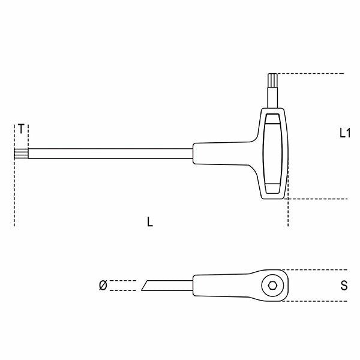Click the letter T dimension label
pyautogui.click(x=21, y=129)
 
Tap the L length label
pyautogui.click(x=150, y=222)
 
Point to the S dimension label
pyautogui.click(x=344, y=286)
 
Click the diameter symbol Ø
pyautogui.click(x=102, y=286)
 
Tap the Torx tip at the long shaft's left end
pyautogui.click(x=20, y=154)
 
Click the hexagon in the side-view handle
pyautogui.click(x=274, y=286)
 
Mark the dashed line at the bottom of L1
pyautogui.click(x=318, y=199)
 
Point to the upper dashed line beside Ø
pyautogui.click(x=123, y=280)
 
